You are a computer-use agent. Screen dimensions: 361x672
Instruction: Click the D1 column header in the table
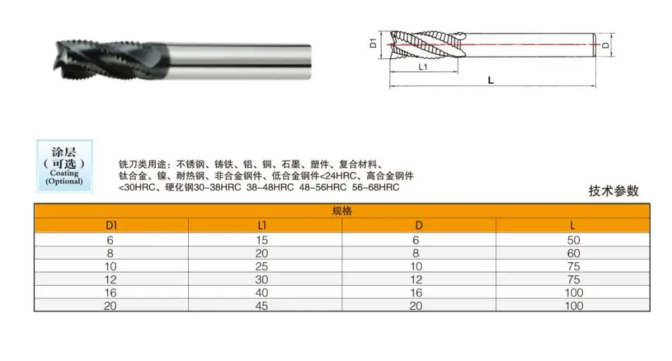point(111,225)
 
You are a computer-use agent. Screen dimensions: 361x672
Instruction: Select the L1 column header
point(265,225)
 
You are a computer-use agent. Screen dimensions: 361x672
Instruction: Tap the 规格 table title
point(342,211)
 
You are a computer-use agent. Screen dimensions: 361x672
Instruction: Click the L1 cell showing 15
point(265,239)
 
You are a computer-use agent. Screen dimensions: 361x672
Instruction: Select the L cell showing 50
point(573,239)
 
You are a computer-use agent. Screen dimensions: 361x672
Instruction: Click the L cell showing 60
point(573,253)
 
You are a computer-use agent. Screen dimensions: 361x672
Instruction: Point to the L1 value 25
point(265,265)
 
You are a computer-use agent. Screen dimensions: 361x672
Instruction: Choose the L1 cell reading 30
point(265,279)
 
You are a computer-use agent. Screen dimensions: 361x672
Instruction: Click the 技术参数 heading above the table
point(614,191)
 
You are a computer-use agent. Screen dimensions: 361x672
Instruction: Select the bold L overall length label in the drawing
point(490,80)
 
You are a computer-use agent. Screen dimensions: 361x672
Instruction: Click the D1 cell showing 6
point(111,239)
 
